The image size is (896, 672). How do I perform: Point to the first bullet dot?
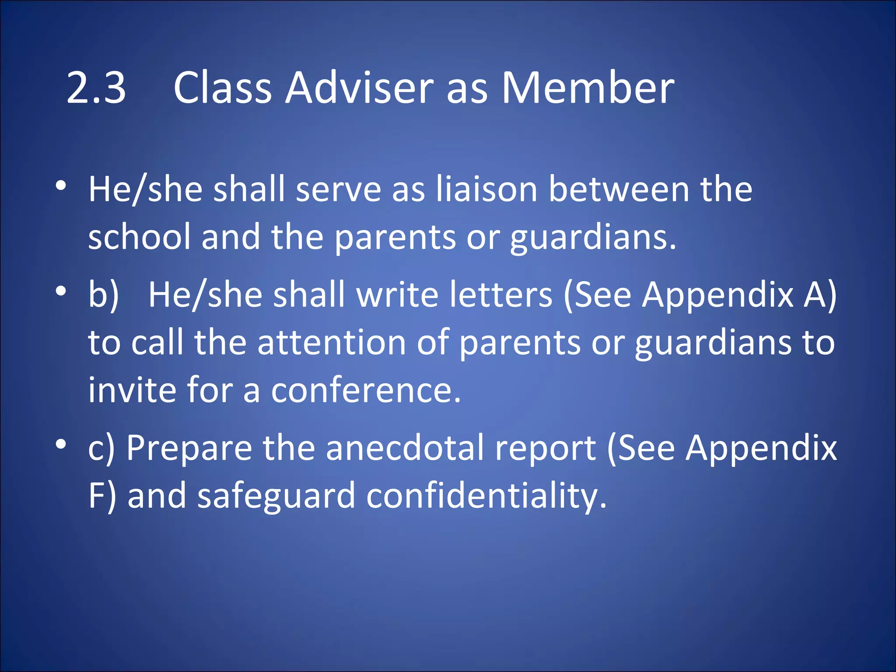click(61, 185)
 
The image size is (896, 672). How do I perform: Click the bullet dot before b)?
click(61, 290)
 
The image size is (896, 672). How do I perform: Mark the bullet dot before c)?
click(61, 444)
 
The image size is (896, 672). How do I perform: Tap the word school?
click(140, 237)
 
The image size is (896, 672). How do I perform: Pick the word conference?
click(366, 390)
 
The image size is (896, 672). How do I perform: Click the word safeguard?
click(276, 497)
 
